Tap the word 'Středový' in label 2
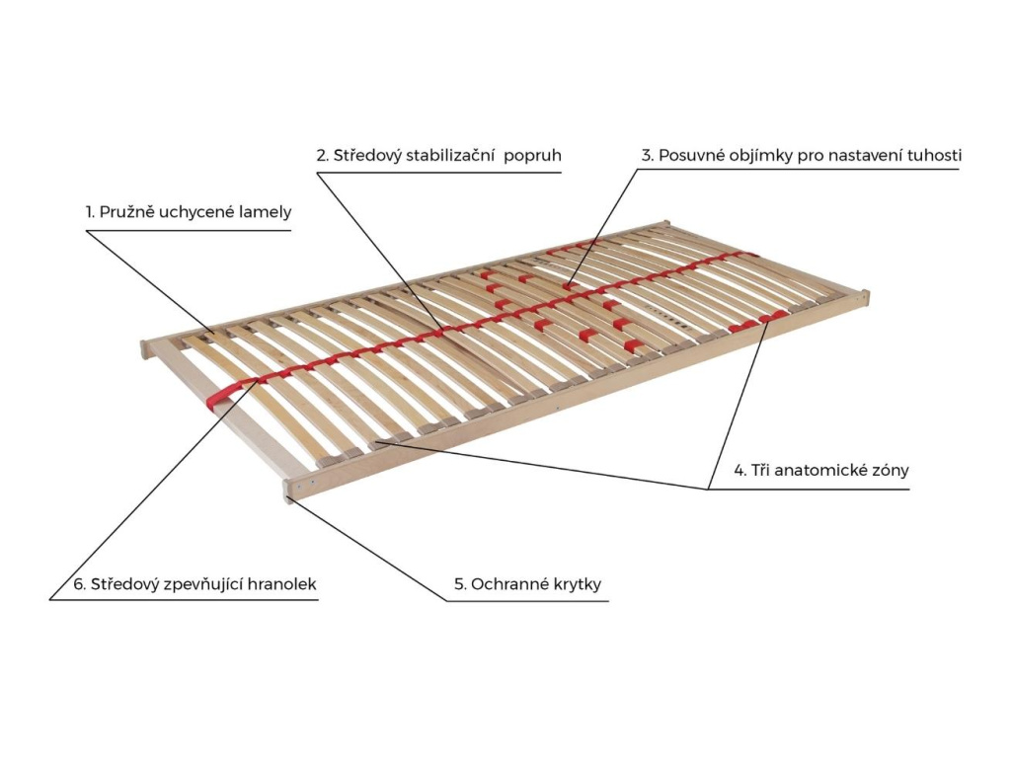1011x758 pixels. pyautogui.click(x=365, y=156)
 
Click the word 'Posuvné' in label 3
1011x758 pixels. pyautogui.click(x=689, y=156)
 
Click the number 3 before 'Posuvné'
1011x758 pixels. pyautogui.click(x=646, y=156)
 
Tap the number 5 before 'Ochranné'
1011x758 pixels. pyautogui.click(x=459, y=584)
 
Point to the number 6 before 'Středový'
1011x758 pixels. pyautogui.click(x=78, y=584)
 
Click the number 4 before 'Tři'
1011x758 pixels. pyautogui.click(x=739, y=471)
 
